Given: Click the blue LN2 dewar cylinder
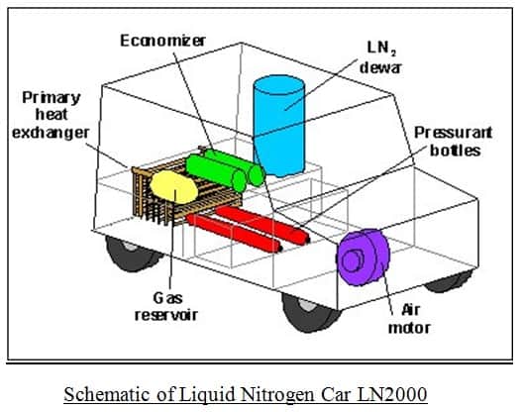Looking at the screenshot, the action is coord(278,126).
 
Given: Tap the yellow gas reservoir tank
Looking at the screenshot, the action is coord(173,187).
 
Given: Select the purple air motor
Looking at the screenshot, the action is coord(363,257).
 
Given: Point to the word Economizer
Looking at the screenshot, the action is coord(162,41).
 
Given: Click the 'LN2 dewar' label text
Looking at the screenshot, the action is coord(380,57).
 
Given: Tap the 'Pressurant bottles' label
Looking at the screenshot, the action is coord(454,142).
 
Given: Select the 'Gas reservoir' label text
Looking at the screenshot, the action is coord(166,306).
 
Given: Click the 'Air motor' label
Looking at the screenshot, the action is coord(409,319).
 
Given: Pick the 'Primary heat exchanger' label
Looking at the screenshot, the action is coord(51,115).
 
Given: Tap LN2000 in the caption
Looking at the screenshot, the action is coord(392,394).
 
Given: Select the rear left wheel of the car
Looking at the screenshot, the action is coord(133,254).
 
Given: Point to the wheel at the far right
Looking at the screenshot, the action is coord(450,281).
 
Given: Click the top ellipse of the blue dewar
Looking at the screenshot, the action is coord(278,85).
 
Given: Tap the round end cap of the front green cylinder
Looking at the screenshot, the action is coord(240,181).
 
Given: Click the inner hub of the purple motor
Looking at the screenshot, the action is coord(352,260).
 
